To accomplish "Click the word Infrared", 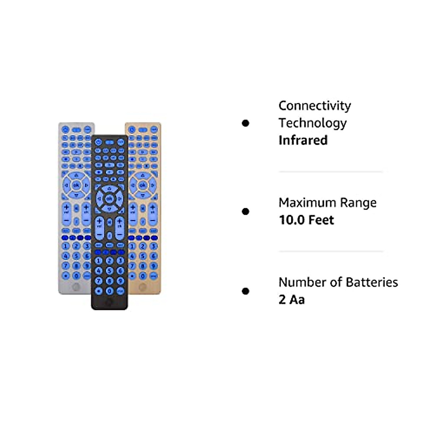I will click(303, 140).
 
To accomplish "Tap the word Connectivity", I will click(315, 105).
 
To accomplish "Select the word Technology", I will click(312, 123).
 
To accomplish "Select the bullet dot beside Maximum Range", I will click(246, 211).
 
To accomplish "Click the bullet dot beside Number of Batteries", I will click(246, 291).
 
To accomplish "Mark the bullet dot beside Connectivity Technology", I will click(246, 123).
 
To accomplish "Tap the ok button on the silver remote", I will click(76, 185).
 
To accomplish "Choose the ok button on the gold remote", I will click(143, 185).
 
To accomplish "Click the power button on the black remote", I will click(98, 142).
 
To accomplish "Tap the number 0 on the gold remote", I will click(143, 276).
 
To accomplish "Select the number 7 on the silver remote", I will click(66, 266).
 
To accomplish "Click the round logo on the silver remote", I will click(76, 287).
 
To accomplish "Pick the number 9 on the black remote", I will click(120, 280).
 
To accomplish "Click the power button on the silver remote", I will click(65, 129).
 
